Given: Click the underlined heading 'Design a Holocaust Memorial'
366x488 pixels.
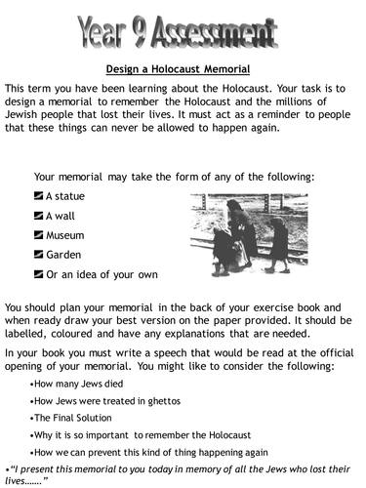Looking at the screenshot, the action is tap(183, 68).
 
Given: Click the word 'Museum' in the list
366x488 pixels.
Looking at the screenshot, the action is tap(65, 235).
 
